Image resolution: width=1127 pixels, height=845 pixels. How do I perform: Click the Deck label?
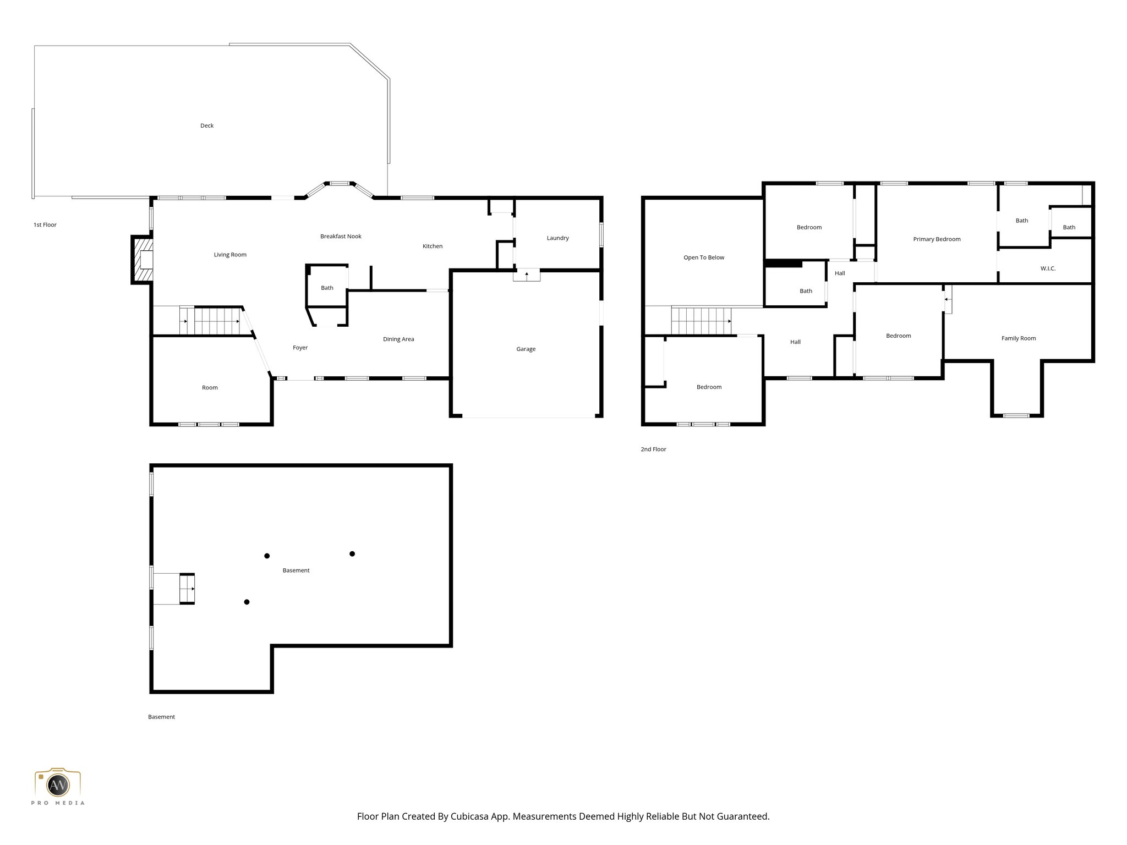(207, 125)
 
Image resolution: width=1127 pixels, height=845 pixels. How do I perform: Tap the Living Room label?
(230, 255)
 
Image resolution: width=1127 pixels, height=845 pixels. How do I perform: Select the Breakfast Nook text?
(341, 237)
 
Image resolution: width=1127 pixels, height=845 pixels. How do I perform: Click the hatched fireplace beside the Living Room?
(143, 260)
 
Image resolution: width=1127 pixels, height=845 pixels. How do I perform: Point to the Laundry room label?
(557, 238)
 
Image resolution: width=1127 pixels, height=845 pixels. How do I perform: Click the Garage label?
(526, 349)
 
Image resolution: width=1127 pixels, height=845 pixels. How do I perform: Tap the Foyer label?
(300, 348)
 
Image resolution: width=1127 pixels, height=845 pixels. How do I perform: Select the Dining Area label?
(398, 339)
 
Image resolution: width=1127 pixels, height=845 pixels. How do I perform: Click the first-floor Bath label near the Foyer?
(327, 288)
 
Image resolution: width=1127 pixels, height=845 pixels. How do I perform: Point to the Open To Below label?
(704, 257)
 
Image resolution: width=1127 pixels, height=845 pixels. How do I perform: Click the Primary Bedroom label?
(937, 239)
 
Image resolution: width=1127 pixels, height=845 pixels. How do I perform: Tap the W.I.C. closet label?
(1048, 268)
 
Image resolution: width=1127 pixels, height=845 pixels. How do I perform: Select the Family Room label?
(1018, 338)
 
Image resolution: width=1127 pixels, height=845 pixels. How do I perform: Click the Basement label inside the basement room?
(296, 570)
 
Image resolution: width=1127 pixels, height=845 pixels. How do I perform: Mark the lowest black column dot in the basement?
(247, 602)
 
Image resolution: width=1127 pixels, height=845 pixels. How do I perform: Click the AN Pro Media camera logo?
(58, 784)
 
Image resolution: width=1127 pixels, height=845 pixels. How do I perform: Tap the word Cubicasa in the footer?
(472, 816)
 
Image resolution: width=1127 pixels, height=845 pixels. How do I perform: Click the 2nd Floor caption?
(653, 449)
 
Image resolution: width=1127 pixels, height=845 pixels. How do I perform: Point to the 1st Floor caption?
(45, 225)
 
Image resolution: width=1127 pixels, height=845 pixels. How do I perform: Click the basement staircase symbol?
(187, 589)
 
